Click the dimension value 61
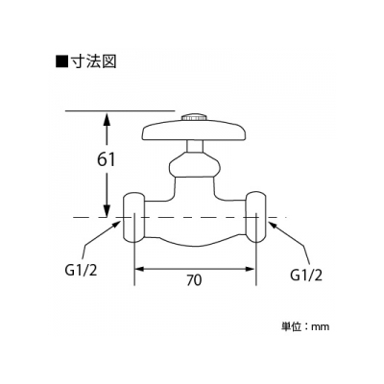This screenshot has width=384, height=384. coord(106,159)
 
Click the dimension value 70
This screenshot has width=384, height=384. coord(194,280)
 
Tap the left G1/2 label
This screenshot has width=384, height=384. coord(81,272)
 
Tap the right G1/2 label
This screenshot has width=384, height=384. coord(305,275)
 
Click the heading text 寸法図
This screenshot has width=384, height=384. coord(92,61)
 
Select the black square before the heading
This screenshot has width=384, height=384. coord(61,61)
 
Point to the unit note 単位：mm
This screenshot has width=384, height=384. coord(305,326)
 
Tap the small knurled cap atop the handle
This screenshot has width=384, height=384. coord(194,117)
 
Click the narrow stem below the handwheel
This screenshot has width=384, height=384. coord(194,147)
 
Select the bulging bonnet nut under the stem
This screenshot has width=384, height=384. coord(194,165)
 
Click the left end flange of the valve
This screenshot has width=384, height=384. coord(134,217)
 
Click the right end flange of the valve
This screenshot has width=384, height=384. coord(255,217)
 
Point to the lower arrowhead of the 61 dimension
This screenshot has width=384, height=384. coord(107,210)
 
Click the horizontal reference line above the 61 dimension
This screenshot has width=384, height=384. coord(120,110)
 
